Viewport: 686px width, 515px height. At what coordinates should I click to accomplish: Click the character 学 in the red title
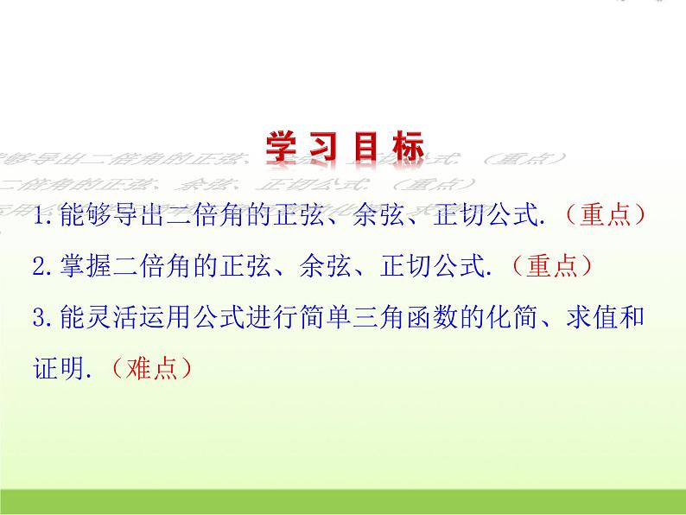pyautogui.click(x=279, y=147)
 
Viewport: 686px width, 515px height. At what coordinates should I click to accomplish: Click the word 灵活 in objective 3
pyautogui.click(x=116, y=317)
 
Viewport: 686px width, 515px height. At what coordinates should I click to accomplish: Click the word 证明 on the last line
pyautogui.click(x=60, y=368)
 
